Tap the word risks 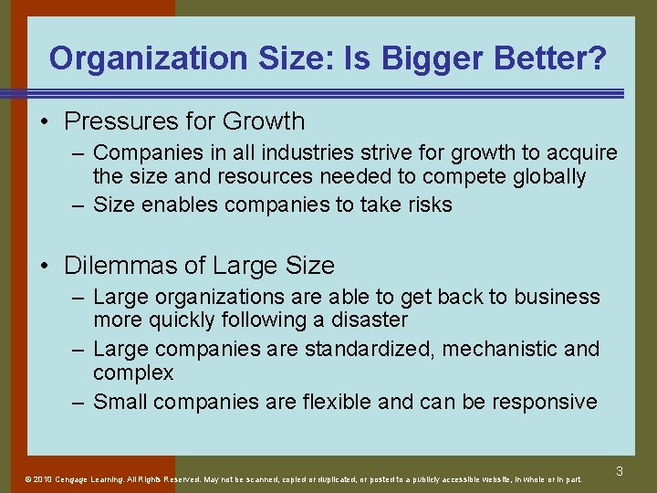tap(426, 205)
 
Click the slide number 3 tap(619, 472)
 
